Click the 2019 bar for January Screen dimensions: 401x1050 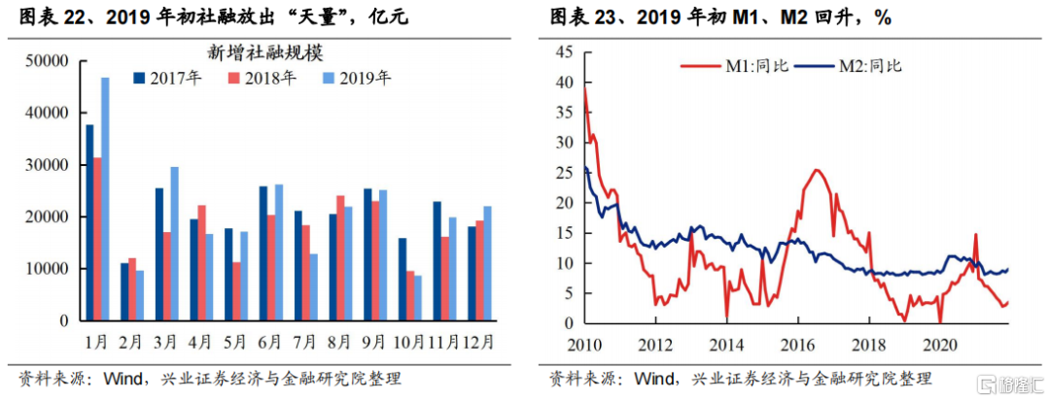tap(105, 199)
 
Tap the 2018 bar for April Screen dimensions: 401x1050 tap(201, 262)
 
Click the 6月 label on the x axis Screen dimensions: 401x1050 tap(270, 342)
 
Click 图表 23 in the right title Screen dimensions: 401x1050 tap(580, 17)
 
